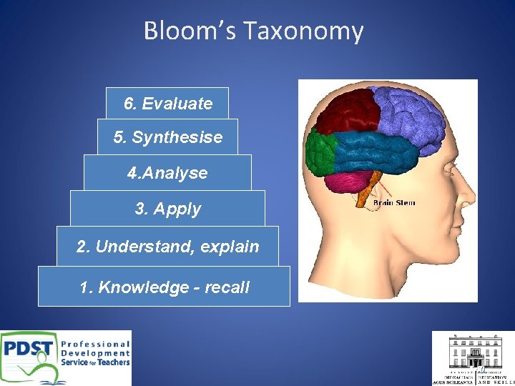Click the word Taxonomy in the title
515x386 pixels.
point(303,31)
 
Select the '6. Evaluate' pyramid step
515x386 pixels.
point(167,104)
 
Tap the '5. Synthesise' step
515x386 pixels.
point(167,137)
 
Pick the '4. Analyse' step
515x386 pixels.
point(167,173)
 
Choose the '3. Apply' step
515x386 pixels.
point(167,209)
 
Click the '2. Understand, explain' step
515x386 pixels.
point(167,247)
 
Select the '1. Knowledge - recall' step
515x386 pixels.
point(164,287)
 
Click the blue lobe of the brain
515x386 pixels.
point(379,152)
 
